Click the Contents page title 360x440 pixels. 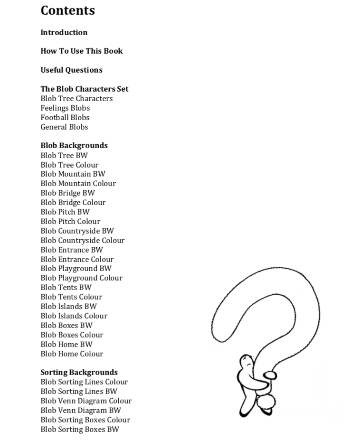click(67, 10)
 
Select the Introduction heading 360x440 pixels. click(64, 33)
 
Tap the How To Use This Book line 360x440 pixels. click(81, 51)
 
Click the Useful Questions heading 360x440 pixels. click(71, 70)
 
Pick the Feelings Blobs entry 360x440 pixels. click(65, 108)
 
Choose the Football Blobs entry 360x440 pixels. click(65, 118)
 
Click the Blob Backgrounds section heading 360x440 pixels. click(74, 146)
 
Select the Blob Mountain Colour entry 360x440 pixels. click(78, 184)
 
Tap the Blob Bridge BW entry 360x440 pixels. click(67, 193)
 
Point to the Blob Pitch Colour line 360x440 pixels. click(70, 222)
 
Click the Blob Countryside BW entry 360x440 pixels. click(77, 231)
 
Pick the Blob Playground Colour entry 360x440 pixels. click(81, 278)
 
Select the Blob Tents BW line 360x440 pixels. click(66, 288)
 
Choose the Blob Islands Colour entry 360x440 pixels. click(74, 316)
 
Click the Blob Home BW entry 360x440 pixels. click(66, 345)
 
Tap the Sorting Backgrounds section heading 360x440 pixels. click(79, 373)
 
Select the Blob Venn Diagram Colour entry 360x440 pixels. click(86, 401)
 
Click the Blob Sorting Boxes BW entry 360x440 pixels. click(80, 430)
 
